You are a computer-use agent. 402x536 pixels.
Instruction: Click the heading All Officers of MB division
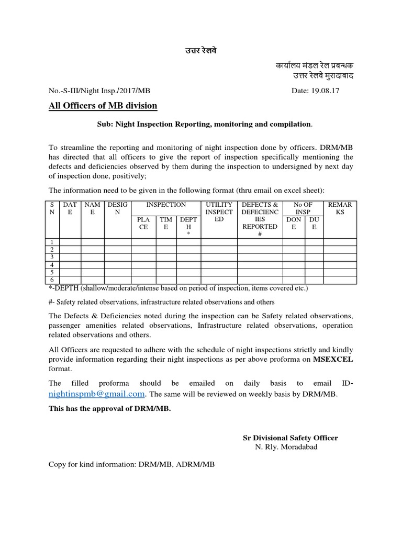click(x=103, y=106)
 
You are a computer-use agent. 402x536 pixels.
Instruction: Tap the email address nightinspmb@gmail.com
click(x=96, y=394)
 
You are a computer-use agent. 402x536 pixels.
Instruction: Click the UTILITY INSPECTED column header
click(x=219, y=211)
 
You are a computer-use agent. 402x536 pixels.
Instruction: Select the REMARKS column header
click(x=340, y=208)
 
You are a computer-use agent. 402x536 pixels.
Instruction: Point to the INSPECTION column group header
click(x=165, y=204)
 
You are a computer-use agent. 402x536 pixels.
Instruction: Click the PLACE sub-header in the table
click(x=143, y=223)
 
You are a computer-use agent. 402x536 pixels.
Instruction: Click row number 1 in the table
click(x=52, y=241)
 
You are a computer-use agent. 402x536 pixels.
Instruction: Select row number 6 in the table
click(x=52, y=280)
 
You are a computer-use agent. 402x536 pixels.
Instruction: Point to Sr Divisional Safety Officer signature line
click(x=289, y=438)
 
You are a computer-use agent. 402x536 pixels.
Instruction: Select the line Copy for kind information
click(x=131, y=464)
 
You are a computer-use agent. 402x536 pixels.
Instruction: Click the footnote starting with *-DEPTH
click(x=178, y=288)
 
